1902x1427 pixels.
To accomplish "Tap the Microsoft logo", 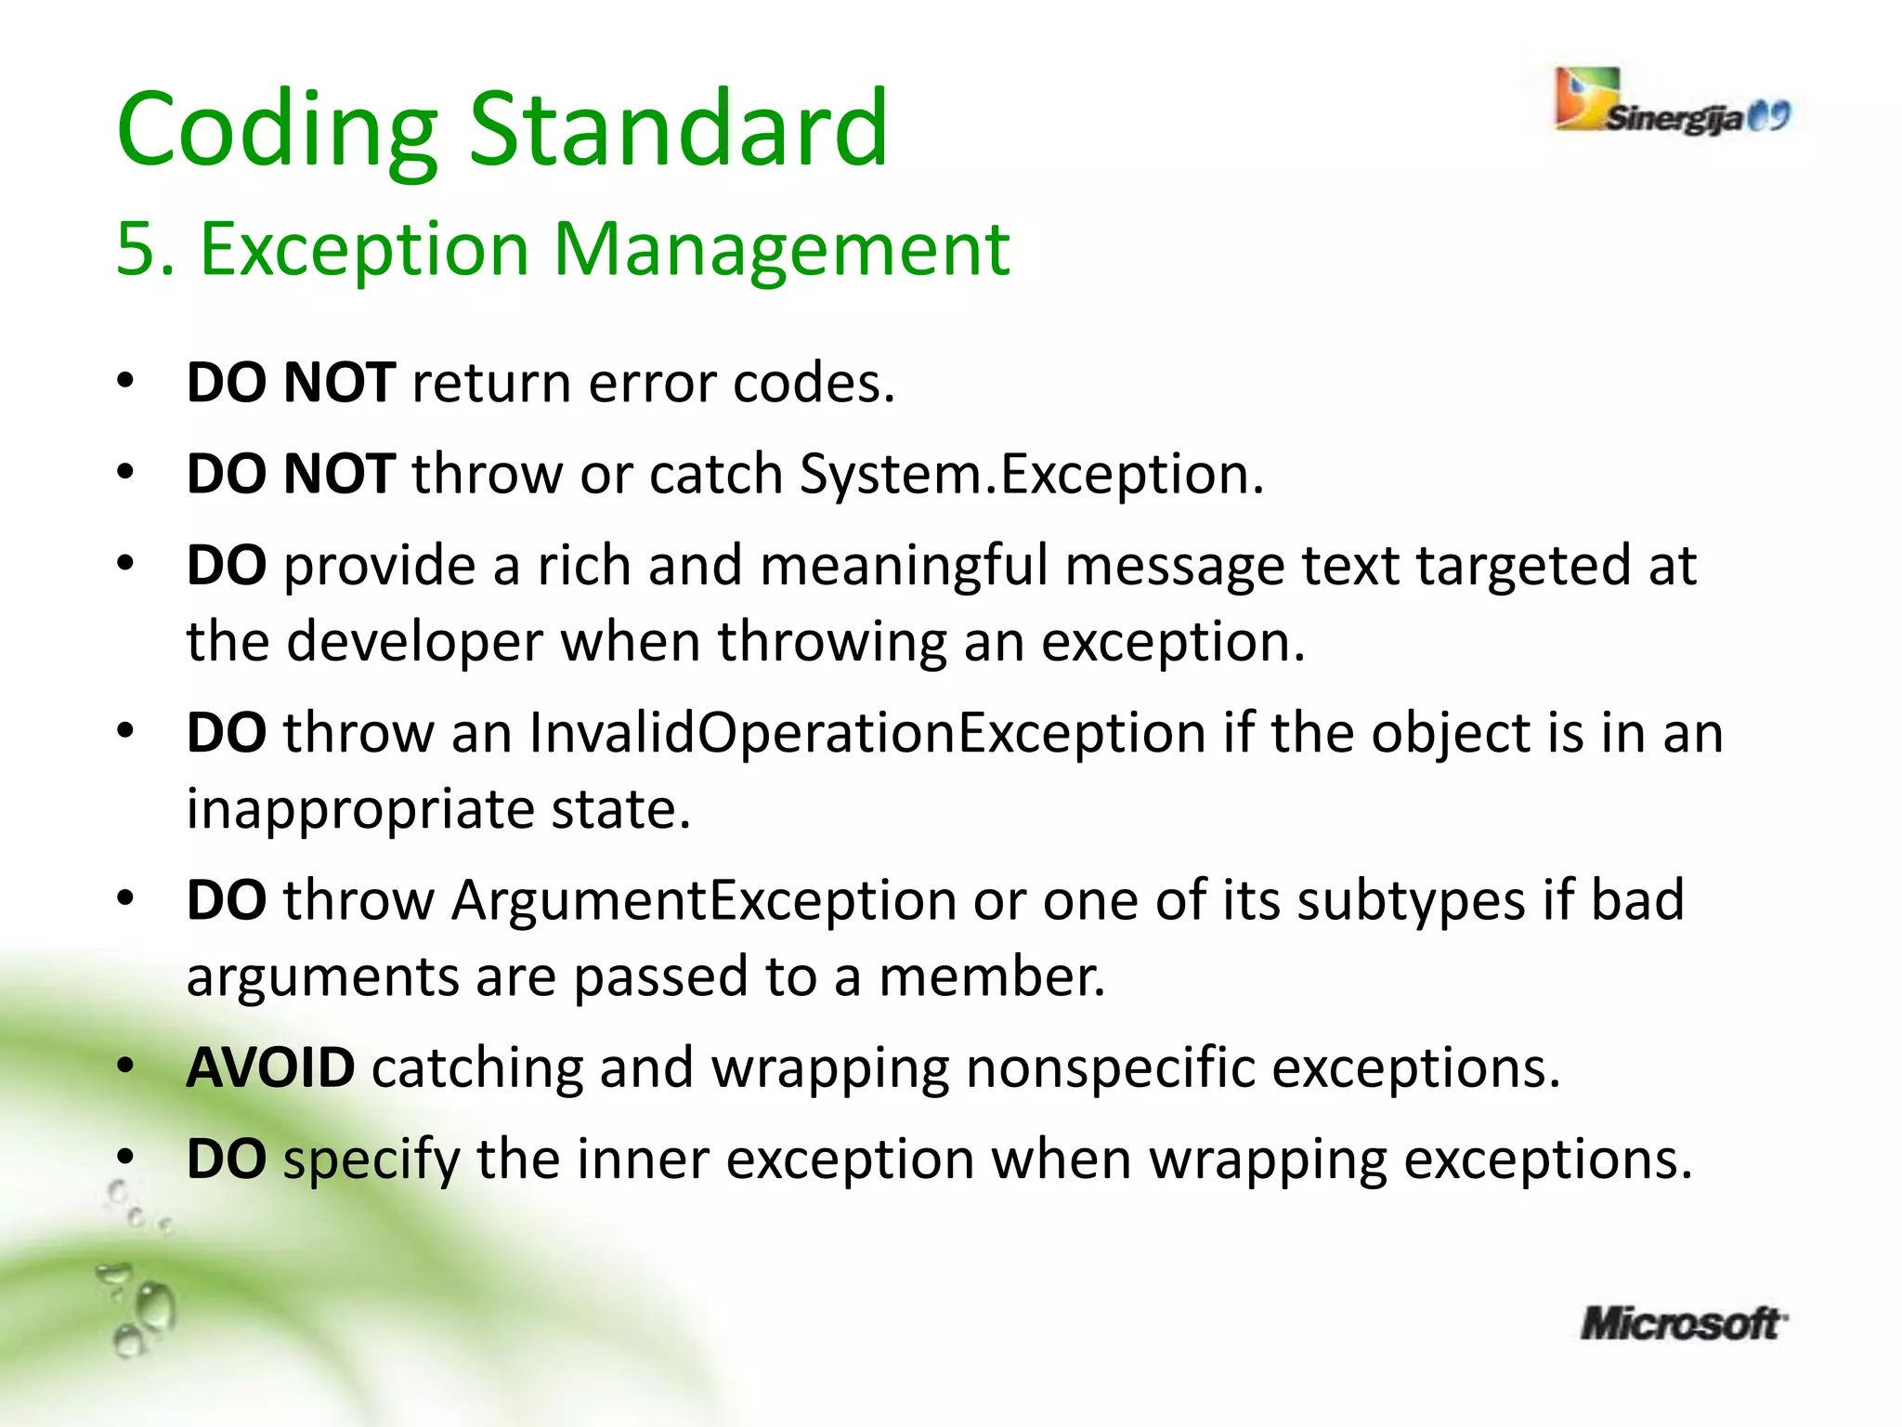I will click(1683, 1323).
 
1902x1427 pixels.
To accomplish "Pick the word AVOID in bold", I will click(270, 1067).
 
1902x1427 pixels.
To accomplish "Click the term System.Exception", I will click(1031, 474).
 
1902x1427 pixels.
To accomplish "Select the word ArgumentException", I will click(704, 900).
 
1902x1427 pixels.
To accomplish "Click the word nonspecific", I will click(1110, 1067).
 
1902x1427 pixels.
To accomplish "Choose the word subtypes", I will click(1411, 902).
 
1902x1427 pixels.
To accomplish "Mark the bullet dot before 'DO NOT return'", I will click(126, 381).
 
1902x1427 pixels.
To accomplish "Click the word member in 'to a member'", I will click(991, 976).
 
